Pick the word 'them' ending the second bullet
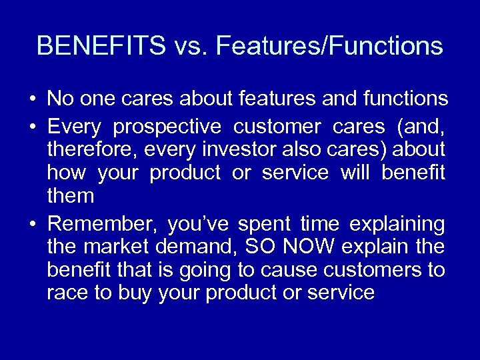tap(71, 197)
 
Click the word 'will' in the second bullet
tap(354, 173)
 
